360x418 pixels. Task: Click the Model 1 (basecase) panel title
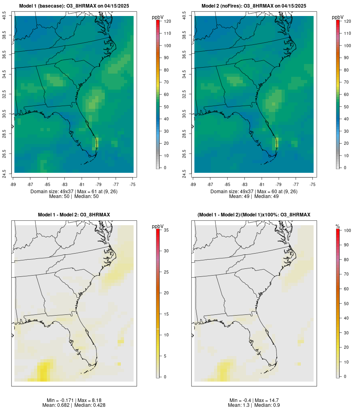[x=74, y=6]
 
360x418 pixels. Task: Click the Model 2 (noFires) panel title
[x=254, y=6]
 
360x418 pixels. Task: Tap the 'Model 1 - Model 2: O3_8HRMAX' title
[x=74, y=215]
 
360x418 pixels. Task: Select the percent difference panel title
[x=254, y=215]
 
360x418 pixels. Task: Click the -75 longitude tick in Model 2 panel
[x=313, y=184]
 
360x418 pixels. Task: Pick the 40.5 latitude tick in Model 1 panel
[x=4, y=16]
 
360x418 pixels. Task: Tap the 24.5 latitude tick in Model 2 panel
[x=184, y=173]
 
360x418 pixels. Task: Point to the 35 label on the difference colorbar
[x=166, y=230]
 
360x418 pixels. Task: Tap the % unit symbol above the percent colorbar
[x=338, y=226]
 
